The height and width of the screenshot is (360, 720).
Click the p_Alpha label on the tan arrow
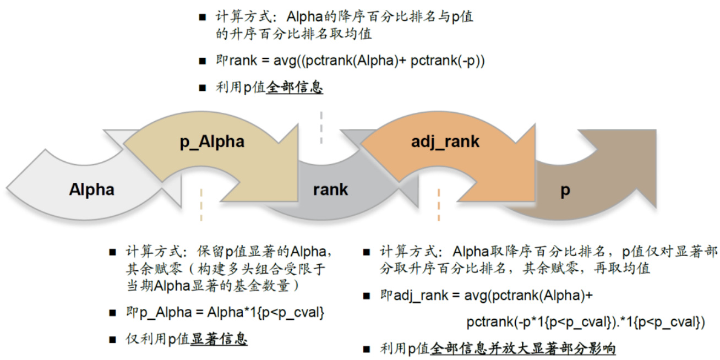point(212,142)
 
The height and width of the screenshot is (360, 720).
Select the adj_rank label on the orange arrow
point(445,142)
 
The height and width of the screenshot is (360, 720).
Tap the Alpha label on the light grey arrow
point(91,189)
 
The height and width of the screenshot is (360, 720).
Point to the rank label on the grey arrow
point(330,190)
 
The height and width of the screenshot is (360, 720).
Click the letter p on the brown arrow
point(565,191)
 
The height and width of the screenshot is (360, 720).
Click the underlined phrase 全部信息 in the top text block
point(294,88)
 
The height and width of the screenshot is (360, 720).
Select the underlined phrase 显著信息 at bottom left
point(219,339)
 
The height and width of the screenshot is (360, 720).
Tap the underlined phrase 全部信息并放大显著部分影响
point(522,349)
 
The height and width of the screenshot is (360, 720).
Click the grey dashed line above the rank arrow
point(321,127)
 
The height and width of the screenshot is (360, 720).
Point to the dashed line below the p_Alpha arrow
point(201,205)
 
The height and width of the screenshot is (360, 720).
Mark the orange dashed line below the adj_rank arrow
point(439,205)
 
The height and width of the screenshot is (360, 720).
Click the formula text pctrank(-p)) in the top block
point(448,61)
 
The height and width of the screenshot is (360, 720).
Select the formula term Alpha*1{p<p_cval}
point(265,313)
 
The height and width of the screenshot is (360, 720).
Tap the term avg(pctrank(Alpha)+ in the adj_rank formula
point(528,296)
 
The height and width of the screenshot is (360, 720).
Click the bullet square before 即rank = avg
point(203,61)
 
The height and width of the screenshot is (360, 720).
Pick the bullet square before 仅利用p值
point(112,340)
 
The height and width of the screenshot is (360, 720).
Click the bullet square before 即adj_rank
point(367,296)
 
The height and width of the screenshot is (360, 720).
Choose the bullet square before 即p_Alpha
point(112,313)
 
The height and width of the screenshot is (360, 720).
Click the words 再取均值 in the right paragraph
point(622,268)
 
